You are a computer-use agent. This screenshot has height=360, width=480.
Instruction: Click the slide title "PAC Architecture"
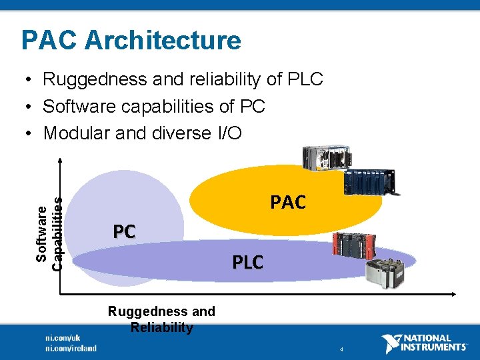click(131, 40)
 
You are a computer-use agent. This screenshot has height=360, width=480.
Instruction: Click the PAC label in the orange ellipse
click(287, 202)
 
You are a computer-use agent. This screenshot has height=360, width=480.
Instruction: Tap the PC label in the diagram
click(124, 231)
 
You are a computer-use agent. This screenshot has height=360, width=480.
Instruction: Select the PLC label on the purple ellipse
click(247, 263)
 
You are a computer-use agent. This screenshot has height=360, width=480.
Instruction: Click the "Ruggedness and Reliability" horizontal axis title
click(161, 319)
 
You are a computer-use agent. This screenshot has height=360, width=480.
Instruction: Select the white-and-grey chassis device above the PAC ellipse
click(322, 158)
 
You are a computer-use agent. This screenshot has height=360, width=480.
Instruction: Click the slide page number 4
click(341, 349)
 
